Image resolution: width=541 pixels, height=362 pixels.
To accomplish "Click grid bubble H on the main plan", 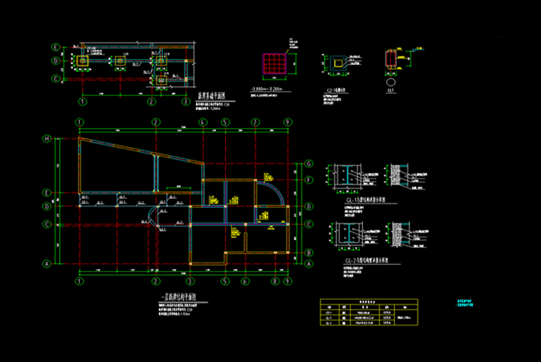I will tap(48, 139).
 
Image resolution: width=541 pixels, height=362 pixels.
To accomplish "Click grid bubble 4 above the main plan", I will tap(203, 122).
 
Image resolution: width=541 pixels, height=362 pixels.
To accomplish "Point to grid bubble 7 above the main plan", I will tap(255, 122).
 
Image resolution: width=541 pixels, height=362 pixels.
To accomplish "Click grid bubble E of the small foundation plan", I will tap(56, 47).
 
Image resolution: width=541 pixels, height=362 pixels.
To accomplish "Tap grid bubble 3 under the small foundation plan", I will tap(185, 102).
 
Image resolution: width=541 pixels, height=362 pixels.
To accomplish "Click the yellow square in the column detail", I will tap(337, 63).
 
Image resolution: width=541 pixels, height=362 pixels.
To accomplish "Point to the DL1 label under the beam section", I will tap(391, 91).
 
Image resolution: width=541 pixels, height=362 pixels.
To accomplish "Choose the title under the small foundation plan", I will tap(211, 96).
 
